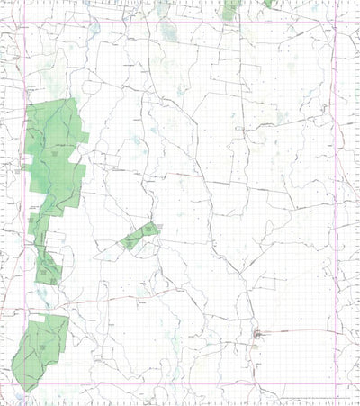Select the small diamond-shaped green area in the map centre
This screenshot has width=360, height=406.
click(140, 237)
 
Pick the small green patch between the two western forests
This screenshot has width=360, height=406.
click(47, 267)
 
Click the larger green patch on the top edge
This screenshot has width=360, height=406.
click(230, 9)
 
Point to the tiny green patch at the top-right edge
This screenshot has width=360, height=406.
click(268, 4)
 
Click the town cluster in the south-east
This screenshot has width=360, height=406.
click(258, 336)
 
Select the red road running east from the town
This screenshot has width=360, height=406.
click(297, 332)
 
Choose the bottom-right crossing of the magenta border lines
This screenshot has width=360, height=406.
click(335, 385)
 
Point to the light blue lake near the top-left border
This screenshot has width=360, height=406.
click(94, 29)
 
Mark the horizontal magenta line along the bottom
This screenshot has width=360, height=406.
click(180, 385)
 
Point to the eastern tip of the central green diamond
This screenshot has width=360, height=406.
click(159, 230)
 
